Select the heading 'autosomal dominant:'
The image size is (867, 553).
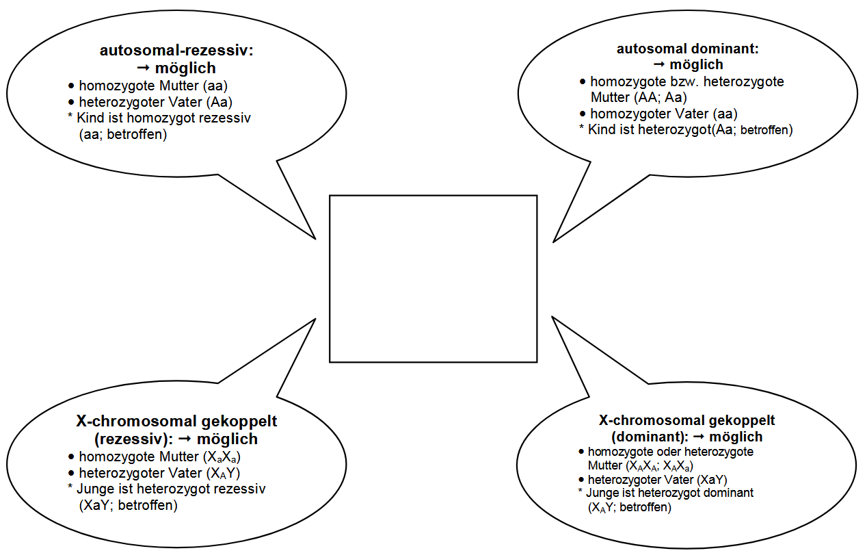(x=688, y=49)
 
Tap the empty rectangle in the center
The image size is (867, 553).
(x=433, y=279)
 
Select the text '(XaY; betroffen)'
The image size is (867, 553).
(x=129, y=506)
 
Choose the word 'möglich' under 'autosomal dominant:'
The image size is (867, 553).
(x=696, y=64)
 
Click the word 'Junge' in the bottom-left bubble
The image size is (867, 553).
(x=94, y=489)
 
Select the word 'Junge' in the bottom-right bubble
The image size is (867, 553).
(x=602, y=493)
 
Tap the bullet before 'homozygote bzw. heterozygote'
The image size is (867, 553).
(x=583, y=81)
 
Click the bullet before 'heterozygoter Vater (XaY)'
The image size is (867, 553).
(x=581, y=480)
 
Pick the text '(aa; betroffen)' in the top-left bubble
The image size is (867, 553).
(x=123, y=134)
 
